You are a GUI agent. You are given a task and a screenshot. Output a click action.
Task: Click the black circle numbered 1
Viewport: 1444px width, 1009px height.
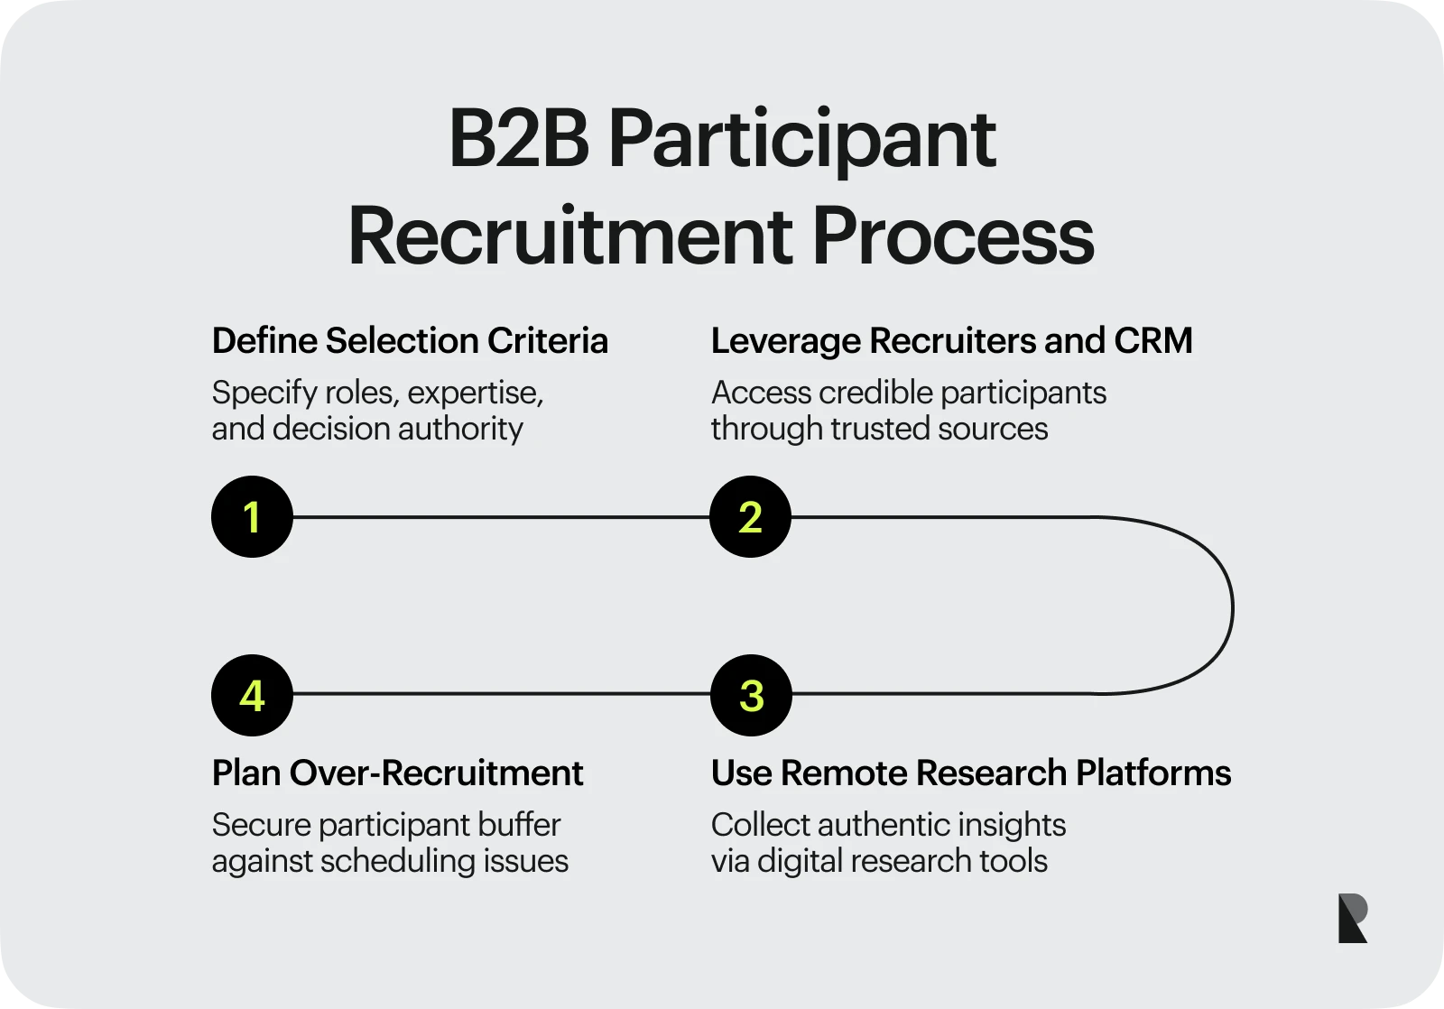tap(252, 516)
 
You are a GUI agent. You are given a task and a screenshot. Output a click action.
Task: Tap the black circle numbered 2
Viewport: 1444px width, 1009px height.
tap(750, 516)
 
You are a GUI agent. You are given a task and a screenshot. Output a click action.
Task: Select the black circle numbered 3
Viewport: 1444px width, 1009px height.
tap(751, 695)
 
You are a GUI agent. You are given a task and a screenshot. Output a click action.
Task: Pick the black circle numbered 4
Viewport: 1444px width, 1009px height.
tap(252, 695)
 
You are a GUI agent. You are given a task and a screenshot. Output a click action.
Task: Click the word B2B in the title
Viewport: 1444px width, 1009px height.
tap(518, 140)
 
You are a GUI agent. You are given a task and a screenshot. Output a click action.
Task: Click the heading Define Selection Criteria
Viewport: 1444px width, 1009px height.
tap(410, 341)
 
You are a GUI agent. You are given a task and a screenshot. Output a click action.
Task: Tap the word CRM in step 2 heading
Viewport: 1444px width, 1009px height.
tap(1152, 341)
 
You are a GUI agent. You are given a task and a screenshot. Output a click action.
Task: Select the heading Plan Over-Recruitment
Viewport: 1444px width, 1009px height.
tap(397, 773)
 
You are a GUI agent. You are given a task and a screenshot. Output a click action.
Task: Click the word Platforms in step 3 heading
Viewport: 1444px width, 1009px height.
tap(1152, 773)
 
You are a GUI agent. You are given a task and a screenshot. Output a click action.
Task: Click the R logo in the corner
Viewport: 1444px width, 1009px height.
tap(1352, 919)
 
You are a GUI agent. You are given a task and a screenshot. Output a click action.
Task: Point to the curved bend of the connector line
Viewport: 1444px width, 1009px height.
tap(1231, 606)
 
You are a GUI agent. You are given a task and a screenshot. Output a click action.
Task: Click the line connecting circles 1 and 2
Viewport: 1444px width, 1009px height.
tap(501, 517)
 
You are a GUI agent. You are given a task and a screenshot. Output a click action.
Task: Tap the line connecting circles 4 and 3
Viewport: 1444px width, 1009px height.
tap(501, 694)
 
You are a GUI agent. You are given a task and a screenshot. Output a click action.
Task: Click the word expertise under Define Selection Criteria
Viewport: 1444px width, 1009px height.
tap(476, 393)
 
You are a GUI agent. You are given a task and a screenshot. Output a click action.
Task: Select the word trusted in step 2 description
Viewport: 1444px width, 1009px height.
tap(881, 429)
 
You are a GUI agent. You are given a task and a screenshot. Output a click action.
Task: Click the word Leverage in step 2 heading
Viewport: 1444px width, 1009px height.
tap(785, 341)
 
